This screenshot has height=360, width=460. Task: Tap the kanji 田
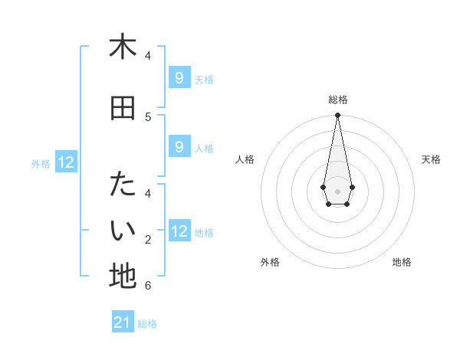click(123, 109)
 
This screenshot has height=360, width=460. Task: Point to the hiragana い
click(123, 230)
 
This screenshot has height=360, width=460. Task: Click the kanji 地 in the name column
click(123, 277)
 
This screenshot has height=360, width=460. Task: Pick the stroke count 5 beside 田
click(148, 116)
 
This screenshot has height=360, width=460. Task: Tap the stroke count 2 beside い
click(148, 240)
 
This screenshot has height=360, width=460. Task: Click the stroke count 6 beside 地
click(148, 286)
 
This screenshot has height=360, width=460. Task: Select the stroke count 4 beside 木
click(148, 55)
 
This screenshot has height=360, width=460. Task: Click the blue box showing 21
click(123, 322)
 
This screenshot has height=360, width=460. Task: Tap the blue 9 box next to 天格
click(179, 77)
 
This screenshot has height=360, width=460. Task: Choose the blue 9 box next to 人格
click(179, 146)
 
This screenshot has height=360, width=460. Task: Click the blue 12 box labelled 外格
click(66, 162)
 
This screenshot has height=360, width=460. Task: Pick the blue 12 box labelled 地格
click(179, 231)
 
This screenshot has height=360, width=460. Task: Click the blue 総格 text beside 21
click(147, 324)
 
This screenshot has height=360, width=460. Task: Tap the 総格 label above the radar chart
click(337, 100)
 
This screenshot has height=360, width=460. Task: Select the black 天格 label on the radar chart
click(431, 159)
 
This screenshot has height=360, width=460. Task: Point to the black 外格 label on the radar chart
click(270, 262)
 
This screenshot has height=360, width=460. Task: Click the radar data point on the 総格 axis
click(337, 116)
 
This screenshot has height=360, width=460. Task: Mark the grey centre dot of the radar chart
click(337, 191)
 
